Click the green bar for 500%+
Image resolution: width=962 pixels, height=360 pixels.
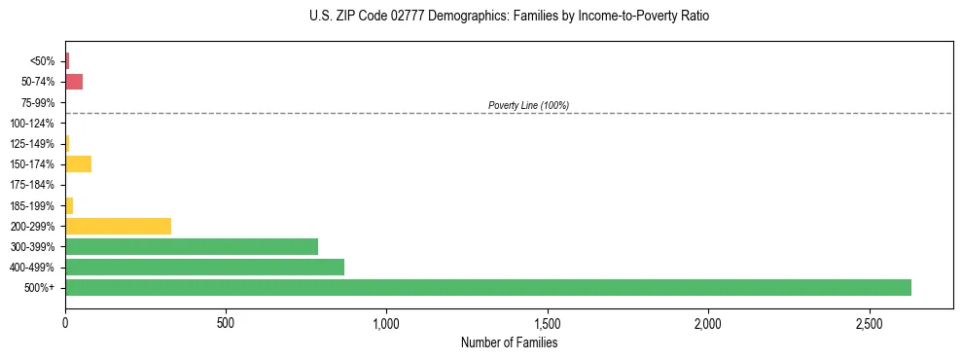(x=487, y=287)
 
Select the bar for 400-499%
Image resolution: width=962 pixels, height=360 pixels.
(x=204, y=267)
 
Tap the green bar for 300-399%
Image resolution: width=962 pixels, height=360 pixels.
(x=192, y=246)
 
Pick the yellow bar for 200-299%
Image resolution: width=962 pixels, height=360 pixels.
(x=118, y=226)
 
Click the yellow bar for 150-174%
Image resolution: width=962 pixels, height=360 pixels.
(x=78, y=163)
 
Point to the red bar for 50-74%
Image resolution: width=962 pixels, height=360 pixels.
(x=74, y=82)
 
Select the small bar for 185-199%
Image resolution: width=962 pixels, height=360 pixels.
(x=69, y=205)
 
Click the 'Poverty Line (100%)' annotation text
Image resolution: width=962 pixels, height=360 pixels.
(x=528, y=105)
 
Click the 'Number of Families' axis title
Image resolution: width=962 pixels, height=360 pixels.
(x=509, y=342)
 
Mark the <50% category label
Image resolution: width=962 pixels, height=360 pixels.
(x=43, y=61)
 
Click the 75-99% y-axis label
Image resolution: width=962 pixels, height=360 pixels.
(x=38, y=102)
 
